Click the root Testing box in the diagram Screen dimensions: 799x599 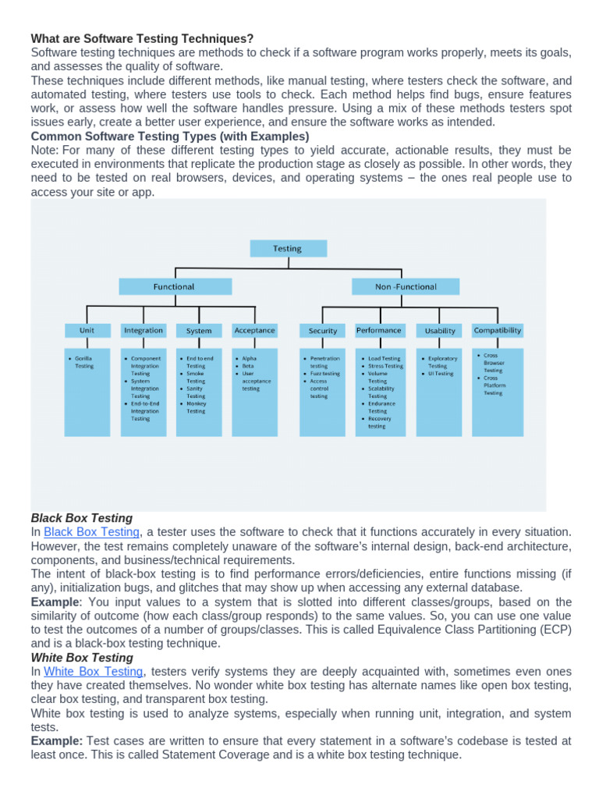[288, 248]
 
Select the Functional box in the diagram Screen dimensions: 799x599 [174, 286]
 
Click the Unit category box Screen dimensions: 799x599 [87, 331]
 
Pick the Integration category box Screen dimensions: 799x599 [144, 331]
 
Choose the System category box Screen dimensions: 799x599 [199, 331]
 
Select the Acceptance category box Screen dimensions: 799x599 [254, 331]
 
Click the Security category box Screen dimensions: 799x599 [323, 331]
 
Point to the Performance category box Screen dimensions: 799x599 [379, 331]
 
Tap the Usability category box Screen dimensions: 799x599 [440, 331]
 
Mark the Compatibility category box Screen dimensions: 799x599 [498, 330]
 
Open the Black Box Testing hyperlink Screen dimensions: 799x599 [91, 532]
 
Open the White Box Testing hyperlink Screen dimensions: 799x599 [94, 671]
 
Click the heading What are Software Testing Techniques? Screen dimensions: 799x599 [142, 38]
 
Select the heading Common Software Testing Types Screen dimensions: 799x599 [169, 136]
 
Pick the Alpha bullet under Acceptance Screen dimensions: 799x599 [249, 359]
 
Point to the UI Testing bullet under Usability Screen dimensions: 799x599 [440, 374]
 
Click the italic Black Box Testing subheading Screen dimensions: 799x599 [82, 518]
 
